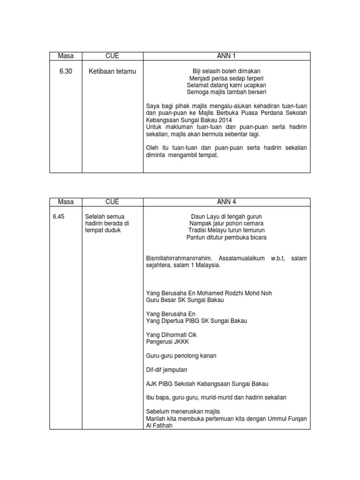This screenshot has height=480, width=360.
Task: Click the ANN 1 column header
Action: coord(226,56)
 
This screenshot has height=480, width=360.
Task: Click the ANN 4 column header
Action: coord(226,202)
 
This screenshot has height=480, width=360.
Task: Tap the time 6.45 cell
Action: coord(58,217)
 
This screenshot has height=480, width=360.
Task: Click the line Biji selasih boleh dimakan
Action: coord(226,71)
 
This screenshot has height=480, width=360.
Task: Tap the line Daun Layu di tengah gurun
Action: coord(226,217)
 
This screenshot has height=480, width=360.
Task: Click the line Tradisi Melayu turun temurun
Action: coord(226,231)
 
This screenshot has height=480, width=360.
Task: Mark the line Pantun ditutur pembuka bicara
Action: coord(226,238)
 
